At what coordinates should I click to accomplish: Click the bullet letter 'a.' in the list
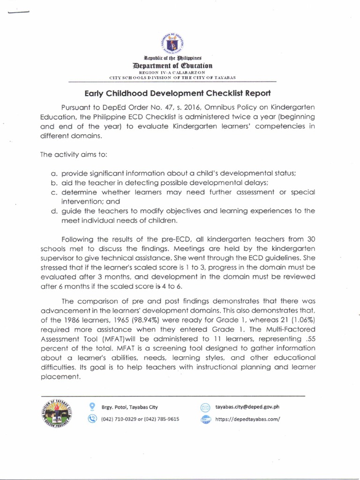[x=54, y=173]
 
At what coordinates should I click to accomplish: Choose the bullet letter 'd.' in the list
[x=54, y=211]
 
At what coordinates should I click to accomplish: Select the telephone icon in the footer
[x=92, y=419]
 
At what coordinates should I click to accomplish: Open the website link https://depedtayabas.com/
[x=247, y=420]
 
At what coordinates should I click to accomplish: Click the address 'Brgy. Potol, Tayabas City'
[x=130, y=407]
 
